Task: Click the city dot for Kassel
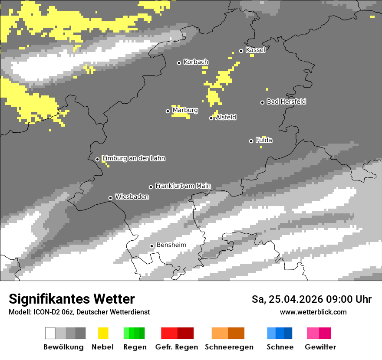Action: pyautogui.click(x=241, y=51)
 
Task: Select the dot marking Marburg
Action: pyautogui.click(x=168, y=111)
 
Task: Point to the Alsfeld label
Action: pyautogui.click(x=226, y=117)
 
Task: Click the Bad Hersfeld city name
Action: pyautogui.click(x=286, y=101)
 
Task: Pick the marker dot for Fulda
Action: pyautogui.click(x=251, y=141)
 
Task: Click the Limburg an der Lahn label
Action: pyautogui.click(x=134, y=158)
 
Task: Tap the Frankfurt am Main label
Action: pyautogui.click(x=183, y=186)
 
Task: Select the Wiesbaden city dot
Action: pyautogui.click(x=111, y=198)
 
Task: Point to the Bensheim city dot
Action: pyautogui.click(x=152, y=246)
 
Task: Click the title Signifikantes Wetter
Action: pyautogui.click(x=72, y=299)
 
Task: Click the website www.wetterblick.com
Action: pyautogui.click(x=313, y=312)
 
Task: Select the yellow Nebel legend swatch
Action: pyautogui.click(x=103, y=333)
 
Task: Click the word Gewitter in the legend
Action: pyautogui.click(x=320, y=347)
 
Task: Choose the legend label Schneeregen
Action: pyautogui.click(x=229, y=347)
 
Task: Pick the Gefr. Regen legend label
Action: pyautogui.click(x=177, y=347)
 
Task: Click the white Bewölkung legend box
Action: pyautogui.click(x=50, y=333)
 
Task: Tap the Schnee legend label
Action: pyautogui.click(x=280, y=347)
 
